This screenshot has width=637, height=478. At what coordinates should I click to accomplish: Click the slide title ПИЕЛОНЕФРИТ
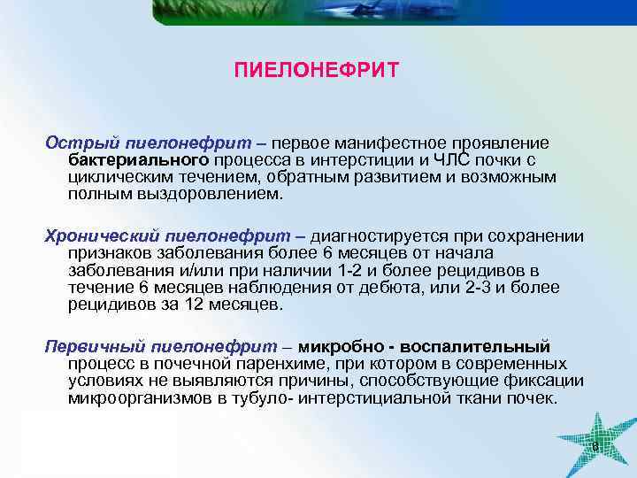click(318, 69)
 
